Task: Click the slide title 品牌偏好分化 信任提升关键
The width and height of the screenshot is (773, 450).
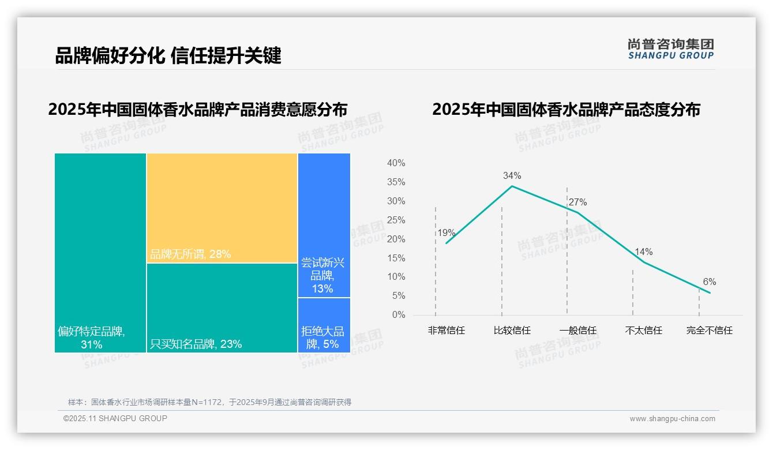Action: click(x=168, y=55)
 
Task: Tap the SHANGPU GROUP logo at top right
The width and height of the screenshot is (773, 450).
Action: click(x=670, y=49)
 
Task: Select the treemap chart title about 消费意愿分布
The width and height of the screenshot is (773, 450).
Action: click(x=198, y=110)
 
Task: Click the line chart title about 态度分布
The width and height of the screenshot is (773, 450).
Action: click(x=566, y=110)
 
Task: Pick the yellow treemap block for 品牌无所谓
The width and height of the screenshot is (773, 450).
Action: click(x=222, y=208)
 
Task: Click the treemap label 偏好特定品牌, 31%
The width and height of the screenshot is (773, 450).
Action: click(x=91, y=337)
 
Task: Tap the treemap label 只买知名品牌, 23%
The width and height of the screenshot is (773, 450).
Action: click(x=196, y=344)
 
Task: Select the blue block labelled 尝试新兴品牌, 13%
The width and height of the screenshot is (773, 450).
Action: click(x=323, y=276)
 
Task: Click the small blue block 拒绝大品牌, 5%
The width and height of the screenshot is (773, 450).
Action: click(x=323, y=337)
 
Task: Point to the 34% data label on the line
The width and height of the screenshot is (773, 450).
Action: click(x=512, y=175)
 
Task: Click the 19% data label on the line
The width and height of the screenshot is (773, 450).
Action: click(x=446, y=233)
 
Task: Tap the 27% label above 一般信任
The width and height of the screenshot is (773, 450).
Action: click(x=577, y=202)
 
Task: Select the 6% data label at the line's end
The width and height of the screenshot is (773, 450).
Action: click(x=709, y=282)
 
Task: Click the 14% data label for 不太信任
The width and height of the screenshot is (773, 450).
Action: click(x=643, y=252)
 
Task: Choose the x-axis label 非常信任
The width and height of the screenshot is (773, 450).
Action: click(x=446, y=331)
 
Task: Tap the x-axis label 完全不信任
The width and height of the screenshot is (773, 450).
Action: click(x=709, y=331)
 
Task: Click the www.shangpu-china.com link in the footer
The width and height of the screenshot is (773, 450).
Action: click(x=672, y=419)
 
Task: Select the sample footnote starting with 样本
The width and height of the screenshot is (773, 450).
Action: click(x=209, y=402)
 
